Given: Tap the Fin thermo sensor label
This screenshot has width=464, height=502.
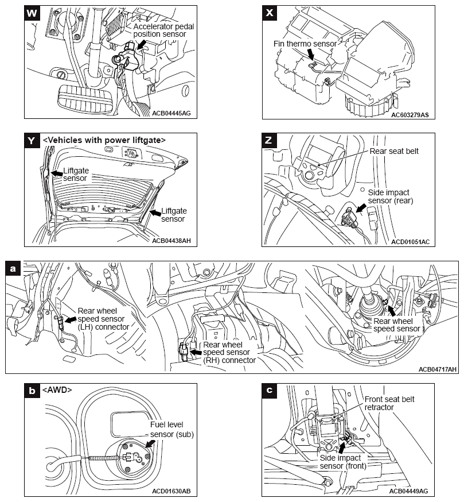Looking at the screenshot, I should click(304, 44).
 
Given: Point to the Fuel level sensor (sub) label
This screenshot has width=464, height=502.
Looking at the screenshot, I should click(171, 429).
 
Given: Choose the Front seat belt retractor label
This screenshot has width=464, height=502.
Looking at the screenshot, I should click(389, 403).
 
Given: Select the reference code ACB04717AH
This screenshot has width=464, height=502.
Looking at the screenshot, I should click(438, 369).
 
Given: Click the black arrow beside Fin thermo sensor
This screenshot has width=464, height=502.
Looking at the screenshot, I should click(312, 55).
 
